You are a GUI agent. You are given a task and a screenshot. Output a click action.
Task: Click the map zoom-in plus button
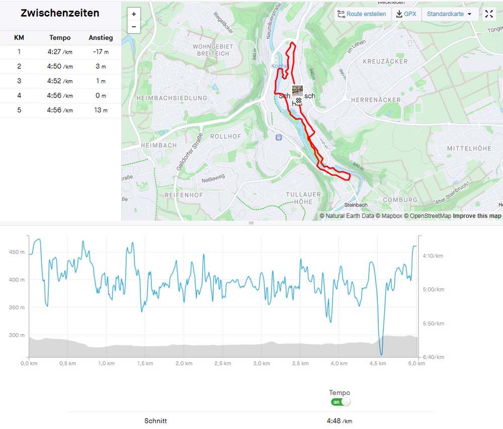(134, 14)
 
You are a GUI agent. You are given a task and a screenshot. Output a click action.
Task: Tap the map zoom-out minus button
(134, 27)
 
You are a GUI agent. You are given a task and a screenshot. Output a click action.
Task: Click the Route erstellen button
(362, 14)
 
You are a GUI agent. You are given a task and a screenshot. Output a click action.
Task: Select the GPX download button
(406, 14)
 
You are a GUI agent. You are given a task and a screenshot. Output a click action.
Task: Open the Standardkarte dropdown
(449, 14)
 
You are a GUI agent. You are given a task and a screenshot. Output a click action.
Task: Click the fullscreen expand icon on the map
(489, 14)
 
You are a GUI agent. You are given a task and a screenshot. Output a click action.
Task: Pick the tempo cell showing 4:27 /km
(60, 52)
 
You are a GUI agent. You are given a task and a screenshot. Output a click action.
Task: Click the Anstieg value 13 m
(101, 110)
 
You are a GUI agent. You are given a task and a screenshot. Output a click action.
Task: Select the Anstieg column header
(101, 38)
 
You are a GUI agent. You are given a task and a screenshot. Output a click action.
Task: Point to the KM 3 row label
(19, 81)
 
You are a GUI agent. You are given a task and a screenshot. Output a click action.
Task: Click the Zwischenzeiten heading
(60, 14)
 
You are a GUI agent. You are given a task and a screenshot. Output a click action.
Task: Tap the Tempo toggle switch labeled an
(341, 402)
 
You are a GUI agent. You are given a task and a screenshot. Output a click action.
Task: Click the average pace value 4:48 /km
(339, 421)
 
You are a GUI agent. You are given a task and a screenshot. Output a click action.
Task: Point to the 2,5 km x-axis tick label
(223, 363)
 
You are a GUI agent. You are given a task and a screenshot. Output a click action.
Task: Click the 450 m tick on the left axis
(17, 252)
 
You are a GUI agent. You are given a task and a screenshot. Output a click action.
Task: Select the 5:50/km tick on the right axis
(433, 324)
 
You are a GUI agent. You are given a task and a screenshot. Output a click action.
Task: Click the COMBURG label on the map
(400, 199)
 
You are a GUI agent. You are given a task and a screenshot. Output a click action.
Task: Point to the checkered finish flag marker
(299, 100)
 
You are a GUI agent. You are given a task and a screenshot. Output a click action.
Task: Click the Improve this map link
(477, 216)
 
